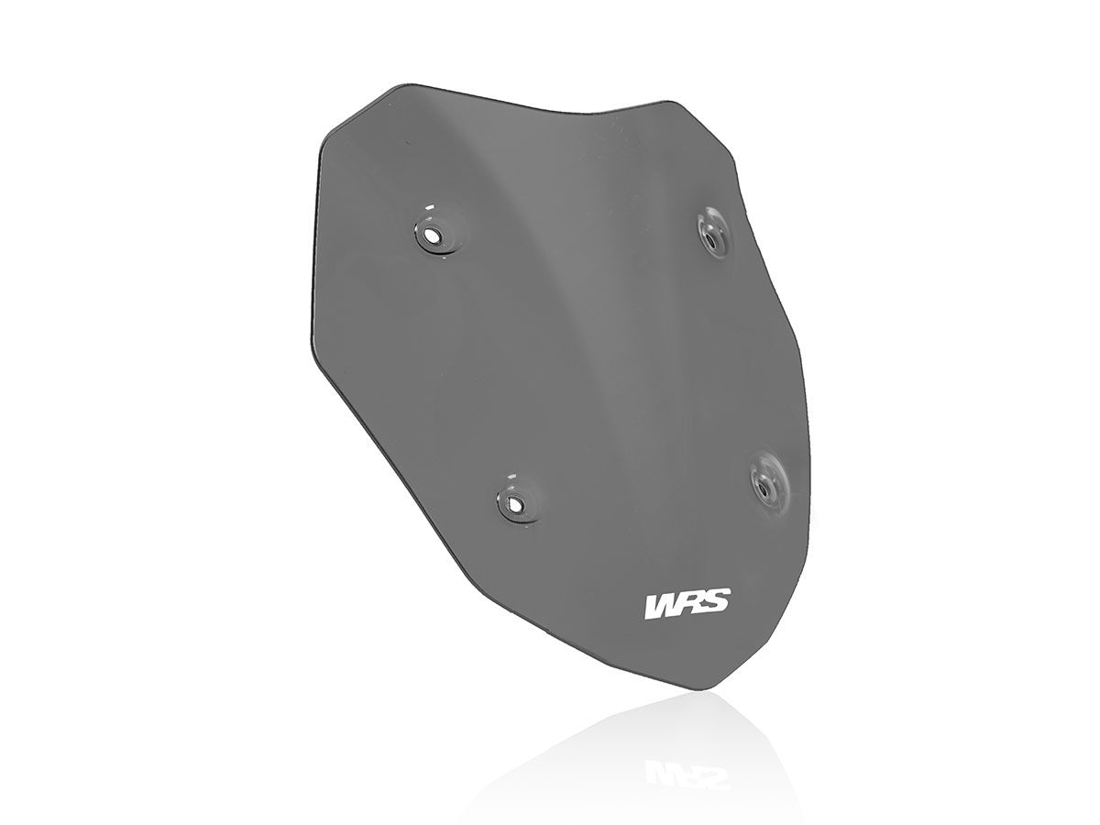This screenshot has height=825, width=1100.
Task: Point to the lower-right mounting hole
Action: (x=764, y=487)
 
